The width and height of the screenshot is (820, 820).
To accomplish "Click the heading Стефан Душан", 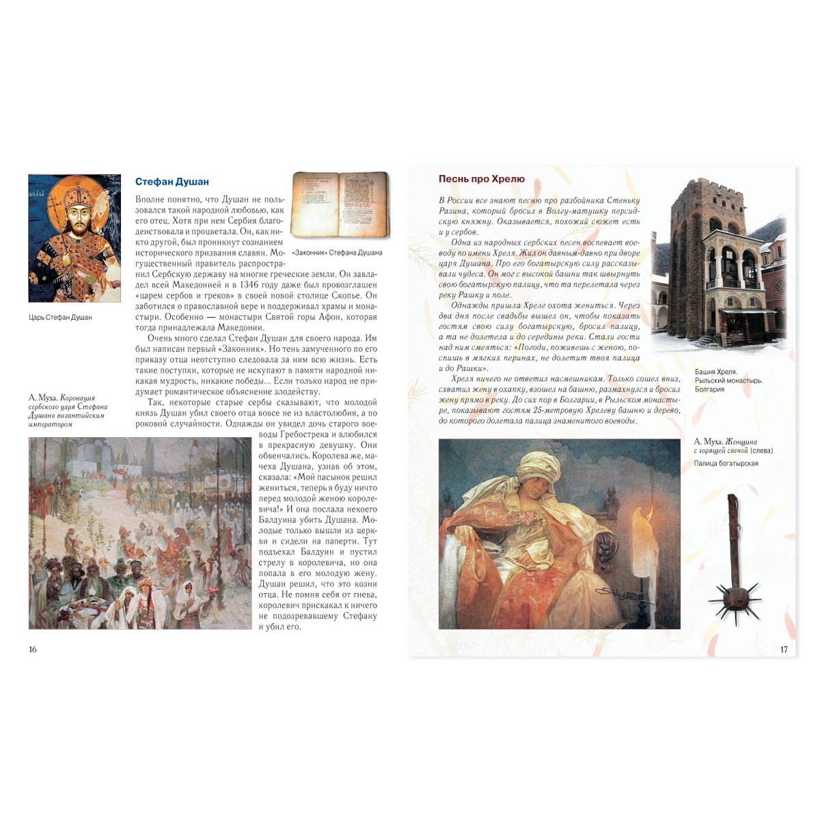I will point(172,182).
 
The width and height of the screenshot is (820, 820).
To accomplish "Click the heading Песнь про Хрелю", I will point(481,179).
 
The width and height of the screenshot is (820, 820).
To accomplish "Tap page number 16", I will point(33,649).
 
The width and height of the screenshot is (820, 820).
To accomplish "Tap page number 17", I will point(784,649).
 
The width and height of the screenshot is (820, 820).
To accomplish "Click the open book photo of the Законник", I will point(340,205).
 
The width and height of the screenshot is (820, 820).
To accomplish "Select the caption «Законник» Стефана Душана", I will point(337,253).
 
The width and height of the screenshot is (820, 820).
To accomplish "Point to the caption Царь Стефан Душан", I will point(60,317).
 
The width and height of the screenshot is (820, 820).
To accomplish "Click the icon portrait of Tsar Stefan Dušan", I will point(74,238).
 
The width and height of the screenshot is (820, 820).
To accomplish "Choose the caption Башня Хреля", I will point(715,372).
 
